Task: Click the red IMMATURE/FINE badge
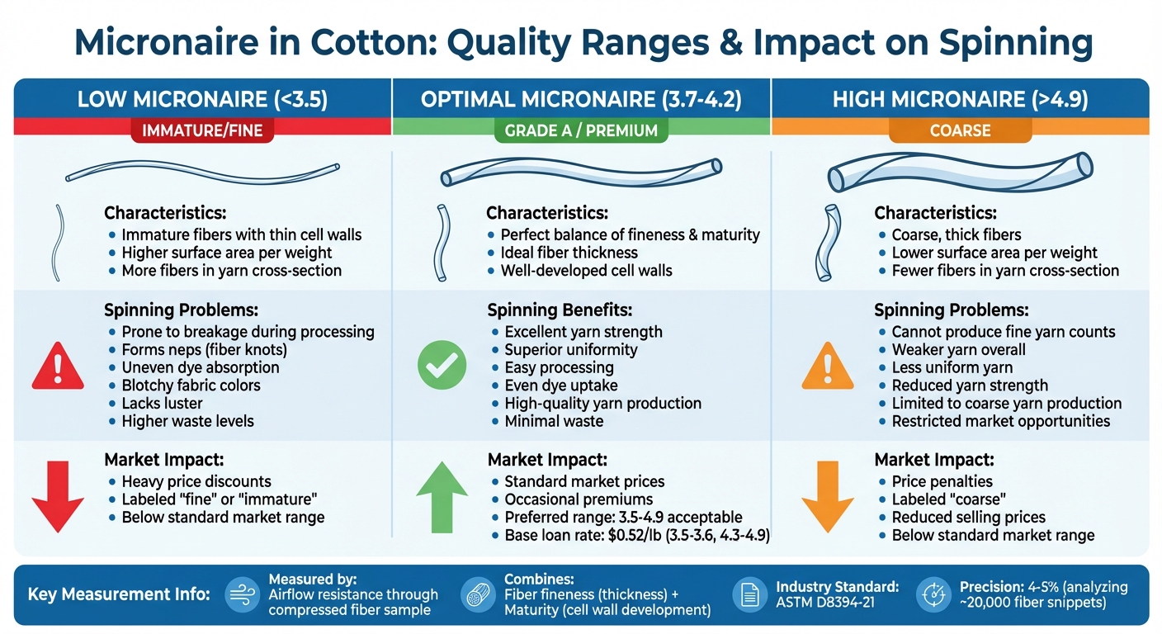click(202, 130)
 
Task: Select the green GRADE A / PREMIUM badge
click(581, 130)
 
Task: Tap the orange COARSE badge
click(960, 130)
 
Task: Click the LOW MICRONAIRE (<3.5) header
click(202, 100)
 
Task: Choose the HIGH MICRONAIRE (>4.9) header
click(960, 100)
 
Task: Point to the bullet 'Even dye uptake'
click(560, 386)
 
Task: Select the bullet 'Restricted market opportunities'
click(1000, 421)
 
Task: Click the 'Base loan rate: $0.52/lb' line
click(636, 535)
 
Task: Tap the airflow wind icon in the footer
click(242, 594)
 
